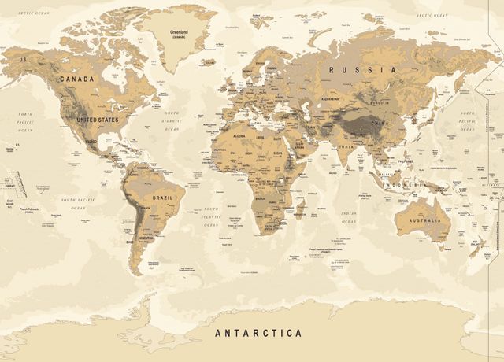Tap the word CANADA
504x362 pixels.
point(76,79)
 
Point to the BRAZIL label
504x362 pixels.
point(162,197)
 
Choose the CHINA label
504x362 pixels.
point(380,124)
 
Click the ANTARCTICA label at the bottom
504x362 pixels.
point(258,333)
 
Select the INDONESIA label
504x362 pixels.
point(405,185)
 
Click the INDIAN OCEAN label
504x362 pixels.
point(348,216)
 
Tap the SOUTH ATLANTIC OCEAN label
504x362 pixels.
point(211,216)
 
